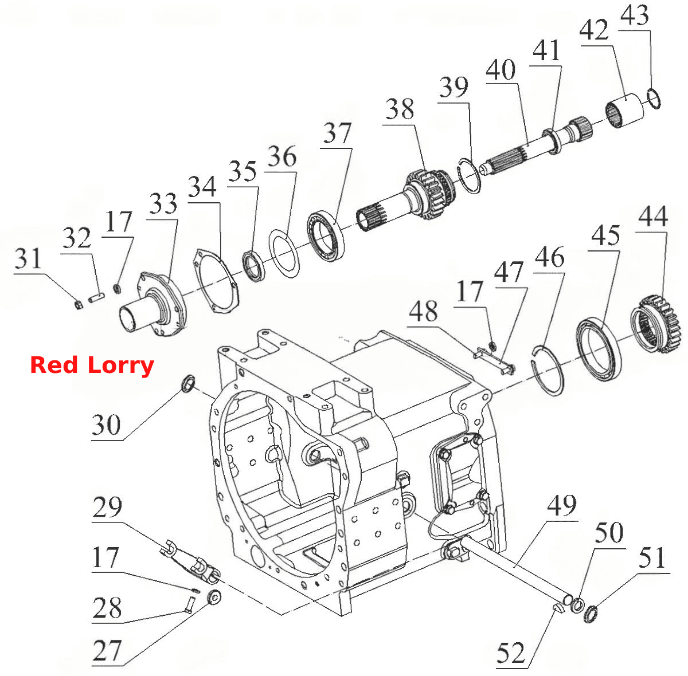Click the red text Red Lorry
[x=92, y=365]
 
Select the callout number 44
[x=653, y=217]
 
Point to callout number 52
[x=511, y=653]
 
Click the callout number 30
[x=106, y=425]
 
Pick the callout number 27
[x=107, y=650]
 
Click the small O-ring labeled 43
[x=654, y=99]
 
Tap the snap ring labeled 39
[x=469, y=175]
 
